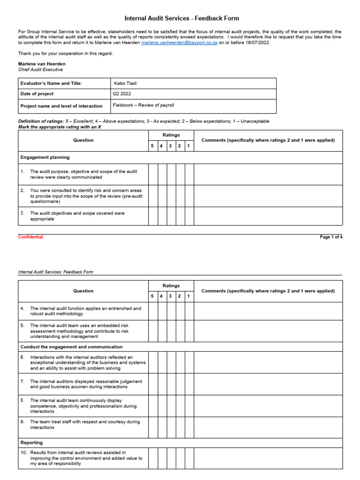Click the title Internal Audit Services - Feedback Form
click(x=181, y=18)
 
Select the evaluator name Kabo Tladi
click(x=125, y=83)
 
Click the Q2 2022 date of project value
click(x=122, y=94)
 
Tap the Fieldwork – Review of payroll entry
click(x=143, y=105)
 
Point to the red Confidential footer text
click(x=30, y=237)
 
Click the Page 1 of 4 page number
click(x=331, y=237)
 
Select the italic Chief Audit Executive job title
click(x=40, y=69)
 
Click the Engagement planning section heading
click(x=45, y=157)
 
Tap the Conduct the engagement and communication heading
click(x=71, y=347)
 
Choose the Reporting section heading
click(x=31, y=442)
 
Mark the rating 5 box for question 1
click(x=153, y=174)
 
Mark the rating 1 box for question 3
click(x=189, y=216)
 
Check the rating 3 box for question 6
click(x=171, y=362)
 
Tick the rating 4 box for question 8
click(x=162, y=406)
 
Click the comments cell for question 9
click(x=268, y=427)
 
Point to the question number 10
click(x=23, y=453)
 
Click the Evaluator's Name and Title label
click(x=51, y=83)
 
